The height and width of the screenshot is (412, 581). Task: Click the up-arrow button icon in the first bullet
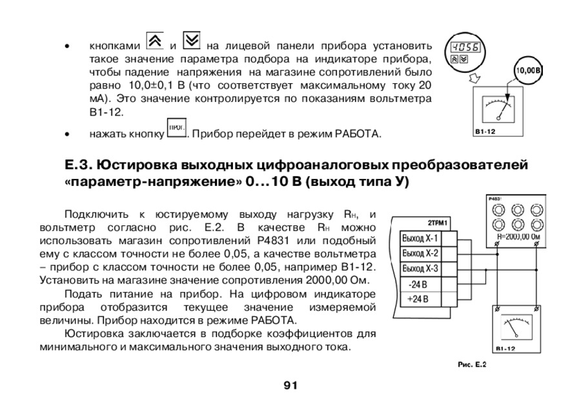pos(154,40)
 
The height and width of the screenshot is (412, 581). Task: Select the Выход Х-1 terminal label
pos(420,238)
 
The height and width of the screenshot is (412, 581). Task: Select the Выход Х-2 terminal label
pos(420,253)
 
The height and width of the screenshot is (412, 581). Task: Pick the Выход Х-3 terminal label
pos(420,268)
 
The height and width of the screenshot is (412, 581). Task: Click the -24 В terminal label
pos(414,284)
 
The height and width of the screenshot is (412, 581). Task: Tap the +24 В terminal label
pos(414,299)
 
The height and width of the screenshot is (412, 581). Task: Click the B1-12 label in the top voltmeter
pos(485,132)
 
